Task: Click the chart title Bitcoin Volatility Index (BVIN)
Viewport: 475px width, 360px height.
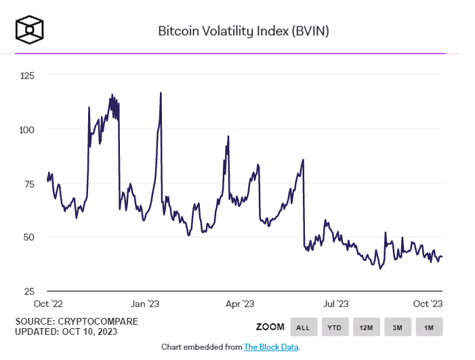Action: pos(243,31)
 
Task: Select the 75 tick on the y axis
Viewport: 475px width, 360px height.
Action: pos(27,183)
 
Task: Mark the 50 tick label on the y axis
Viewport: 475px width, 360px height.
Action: pos(27,237)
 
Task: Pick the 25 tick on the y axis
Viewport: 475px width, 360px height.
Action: pos(27,290)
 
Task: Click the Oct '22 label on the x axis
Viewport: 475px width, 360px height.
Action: pos(49,304)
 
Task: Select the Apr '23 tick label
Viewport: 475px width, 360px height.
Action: pos(239,304)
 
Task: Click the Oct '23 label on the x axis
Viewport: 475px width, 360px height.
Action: pos(428,304)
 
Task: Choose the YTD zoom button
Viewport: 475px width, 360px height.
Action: pos(335,327)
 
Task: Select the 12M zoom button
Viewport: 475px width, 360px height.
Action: pos(366,327)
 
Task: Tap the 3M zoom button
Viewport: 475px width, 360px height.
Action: pos(398,327)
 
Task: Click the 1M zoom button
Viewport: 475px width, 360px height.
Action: pos(429,327)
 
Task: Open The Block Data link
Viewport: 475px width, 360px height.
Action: pos(271,347)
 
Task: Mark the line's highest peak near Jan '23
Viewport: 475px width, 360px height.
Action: pos(161,92)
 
